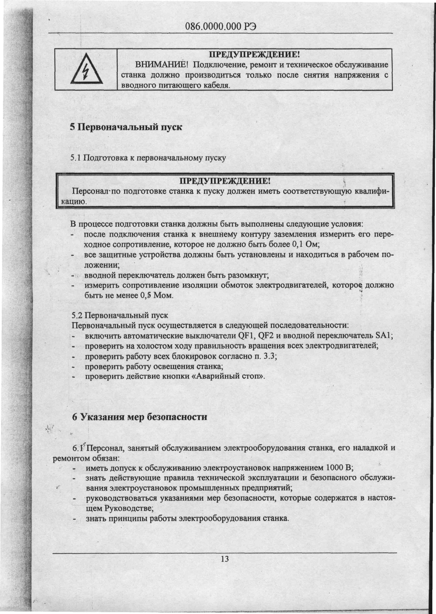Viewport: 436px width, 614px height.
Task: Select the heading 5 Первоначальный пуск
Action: click(x=126, y=127)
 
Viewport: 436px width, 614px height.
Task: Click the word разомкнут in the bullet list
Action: click(x=248, y=275)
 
